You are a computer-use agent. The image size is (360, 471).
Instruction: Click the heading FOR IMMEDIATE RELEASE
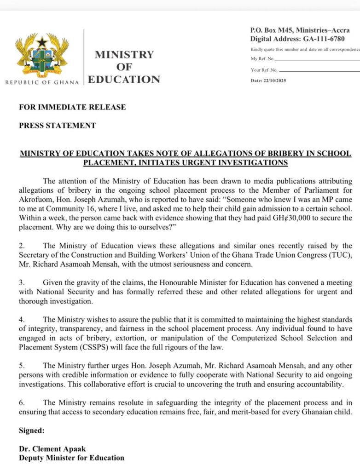72,107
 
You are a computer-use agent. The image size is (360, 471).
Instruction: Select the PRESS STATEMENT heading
58,125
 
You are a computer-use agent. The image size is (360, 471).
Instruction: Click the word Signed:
31,431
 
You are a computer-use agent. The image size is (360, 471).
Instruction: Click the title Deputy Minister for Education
71,458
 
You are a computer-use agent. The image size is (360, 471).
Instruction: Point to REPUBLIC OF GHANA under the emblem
42,82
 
